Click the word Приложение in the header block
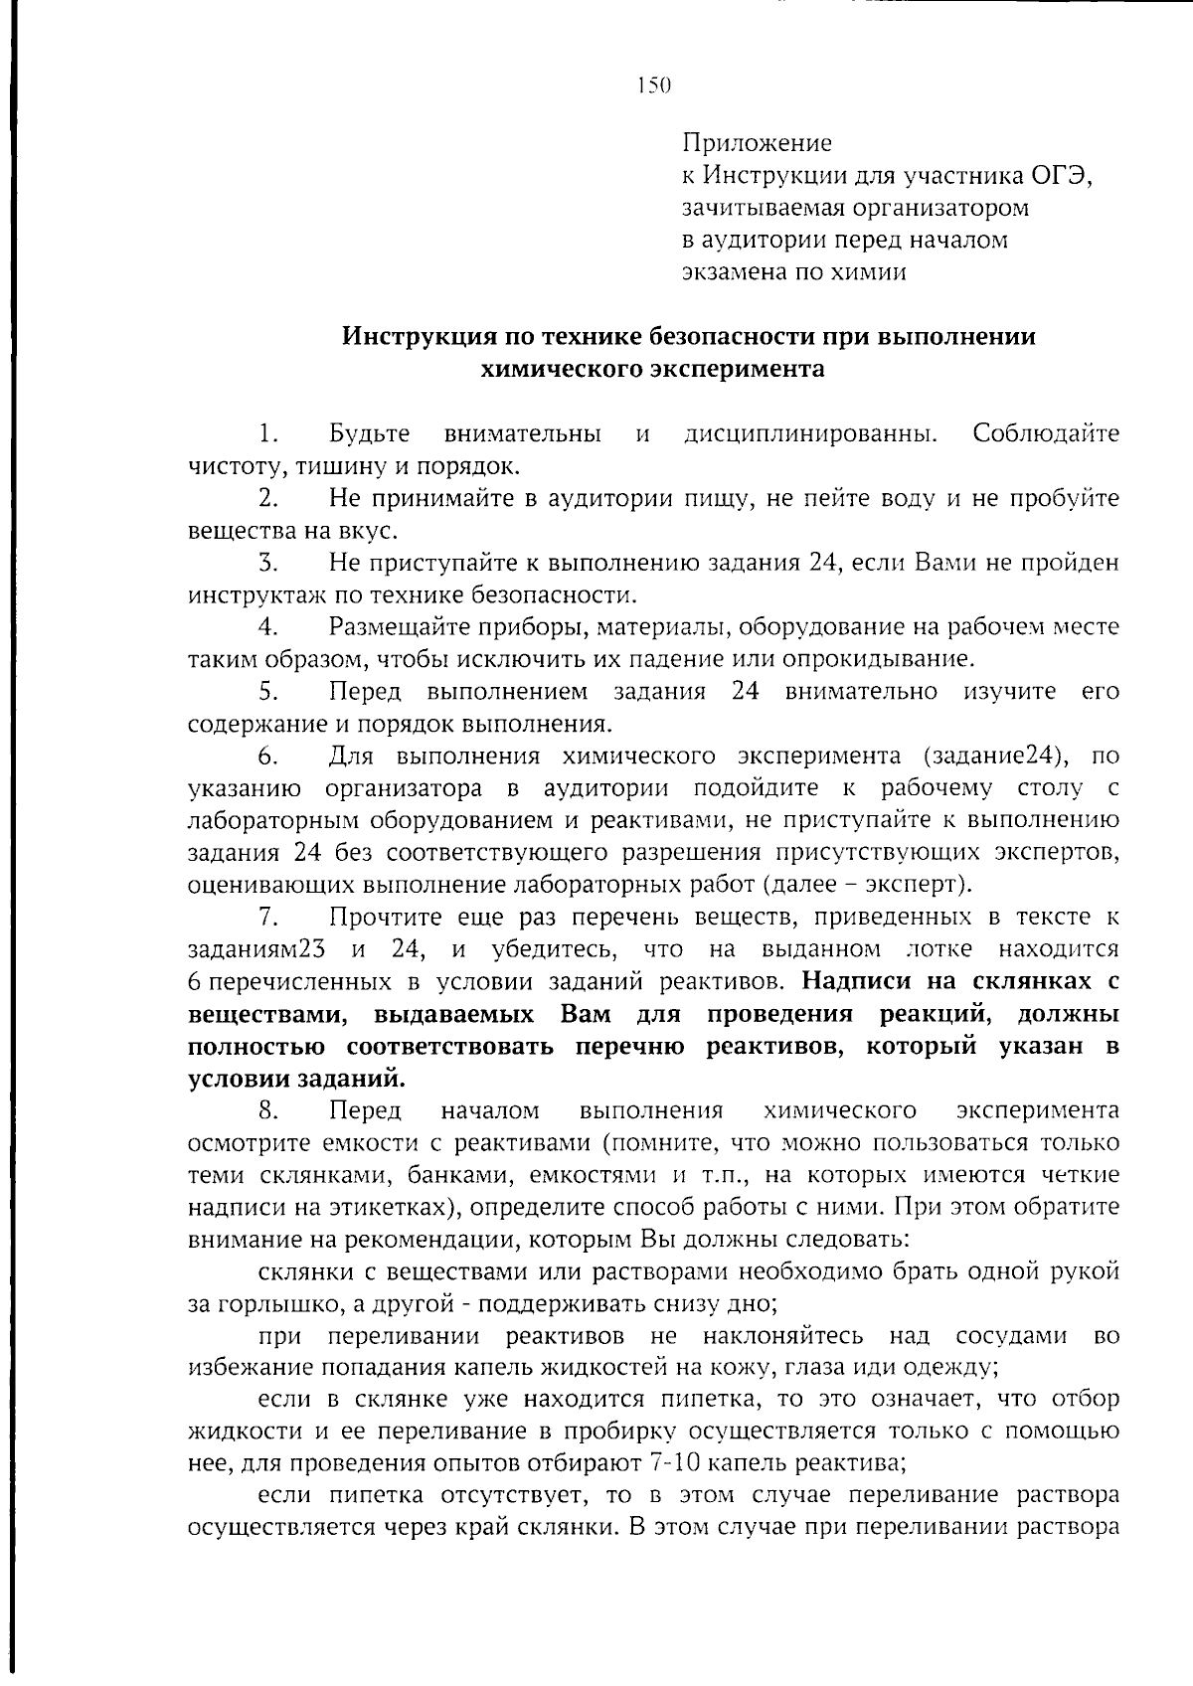click(x=757, y=144)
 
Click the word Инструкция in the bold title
click(x=409, y=337)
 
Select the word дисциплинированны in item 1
click(x=810, y=434)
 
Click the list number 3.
click(x=265, y=564)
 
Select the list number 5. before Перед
click(x=265, y=692)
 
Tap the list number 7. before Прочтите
click(x=265, y=917)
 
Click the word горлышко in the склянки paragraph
click(x=267, y=1303)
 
